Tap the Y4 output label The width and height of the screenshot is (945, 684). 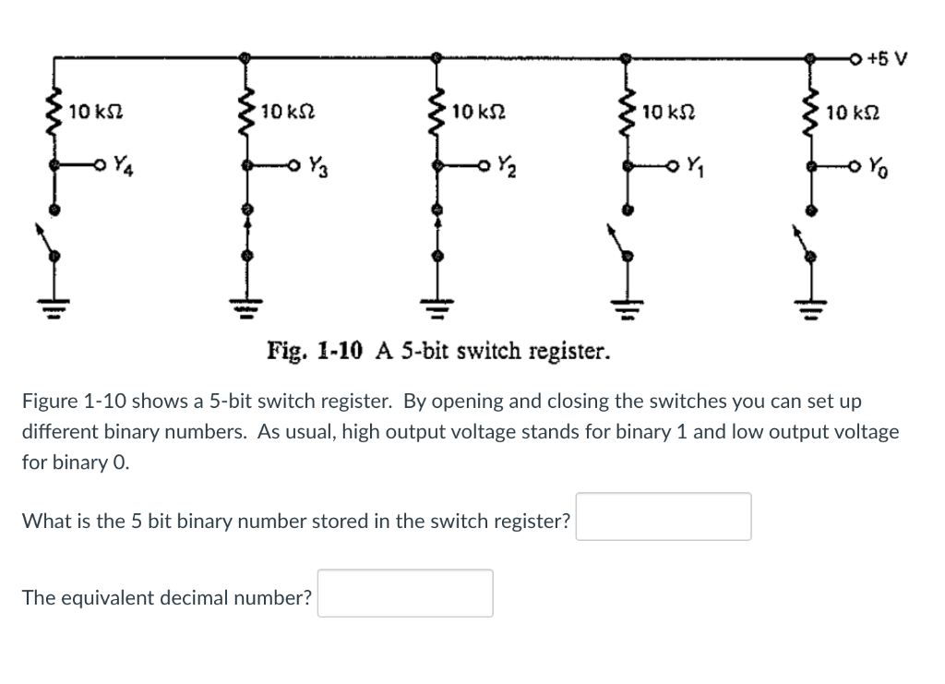pos(121,167)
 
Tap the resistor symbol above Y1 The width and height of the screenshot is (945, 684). pos(628,113)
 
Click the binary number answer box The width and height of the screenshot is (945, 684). pos(664,517)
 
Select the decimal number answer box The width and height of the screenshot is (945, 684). pos(405,594)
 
